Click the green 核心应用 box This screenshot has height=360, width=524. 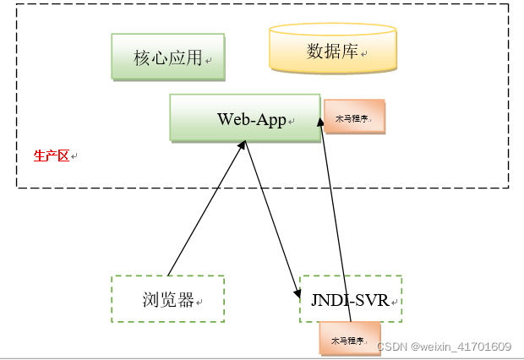tap(168, 57)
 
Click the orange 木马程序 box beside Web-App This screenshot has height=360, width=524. tap(354, 117)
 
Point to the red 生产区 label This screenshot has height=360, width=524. tap(51, 156)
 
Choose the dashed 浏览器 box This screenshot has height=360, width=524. tap(167, 298)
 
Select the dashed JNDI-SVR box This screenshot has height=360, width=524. tap(351, 298)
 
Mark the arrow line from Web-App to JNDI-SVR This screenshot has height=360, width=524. tap(270, 215)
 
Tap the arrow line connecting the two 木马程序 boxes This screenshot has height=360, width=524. tap(336, 220)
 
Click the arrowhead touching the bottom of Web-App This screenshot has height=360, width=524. tap(243, 145)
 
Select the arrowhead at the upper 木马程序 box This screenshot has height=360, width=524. tap(321, 123)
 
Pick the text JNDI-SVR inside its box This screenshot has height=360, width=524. tap(349, 300)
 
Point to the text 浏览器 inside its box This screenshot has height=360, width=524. tap(167, 300)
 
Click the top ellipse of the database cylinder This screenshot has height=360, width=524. tap(332, 30)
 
